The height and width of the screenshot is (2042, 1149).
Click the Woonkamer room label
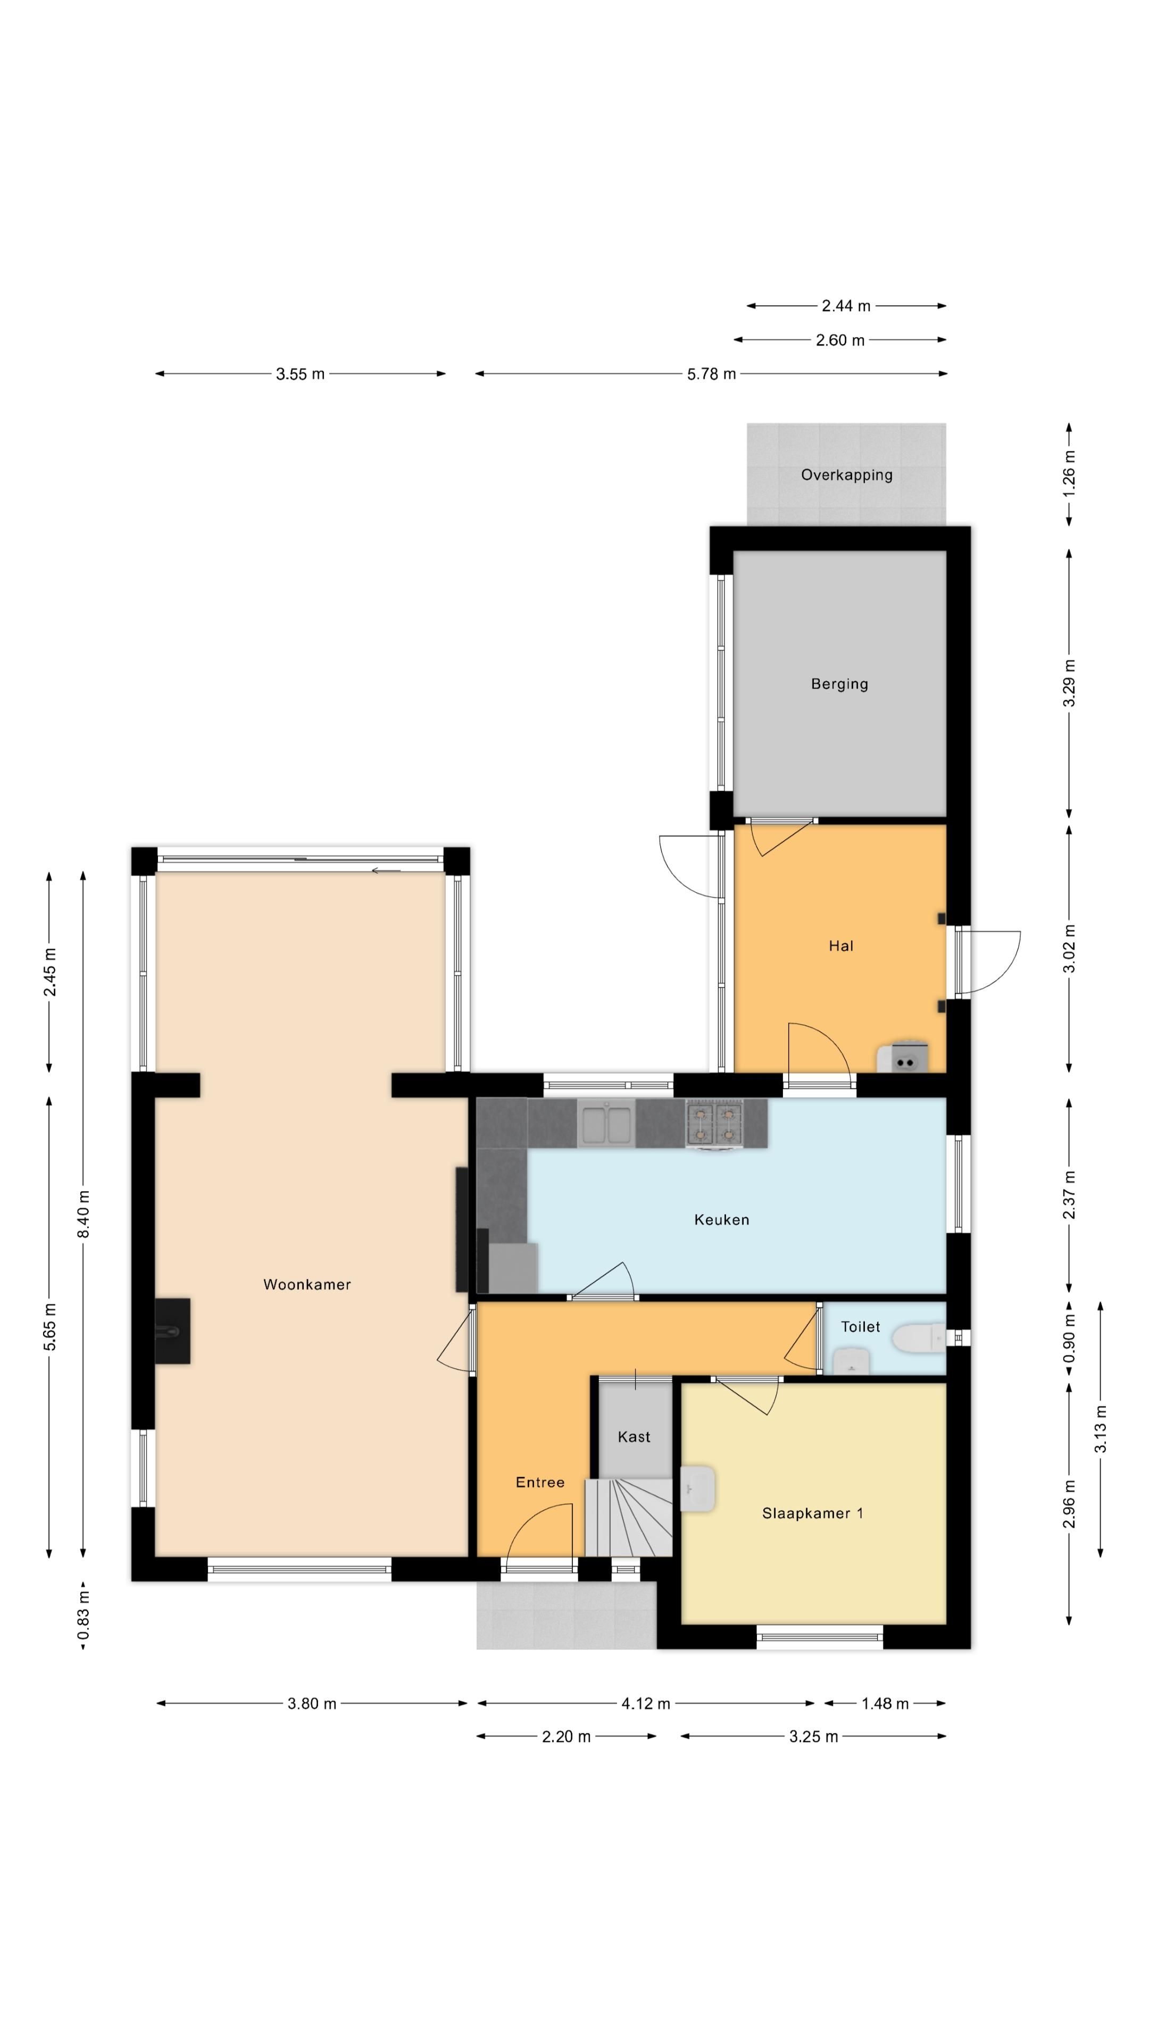click(x=307, y=1284)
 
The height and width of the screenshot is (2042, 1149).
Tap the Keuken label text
click(x=722, y=1219)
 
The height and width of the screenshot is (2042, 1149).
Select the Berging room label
click(x=839, y=684)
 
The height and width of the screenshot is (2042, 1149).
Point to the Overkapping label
click(x=846, y=475)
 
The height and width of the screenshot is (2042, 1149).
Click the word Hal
click(x=840, y=945)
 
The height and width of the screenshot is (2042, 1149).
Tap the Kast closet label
click(x=634, y=1436)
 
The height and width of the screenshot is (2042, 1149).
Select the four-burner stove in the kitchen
click(x=714, y=1123)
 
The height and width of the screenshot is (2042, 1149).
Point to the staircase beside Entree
click(x=629, y=1517)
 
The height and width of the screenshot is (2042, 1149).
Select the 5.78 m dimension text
click(x=711, y=374)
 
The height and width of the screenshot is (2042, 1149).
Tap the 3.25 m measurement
click(x=813, y=1737)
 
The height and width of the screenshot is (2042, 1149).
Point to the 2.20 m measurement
click(x=566, y=1737)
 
